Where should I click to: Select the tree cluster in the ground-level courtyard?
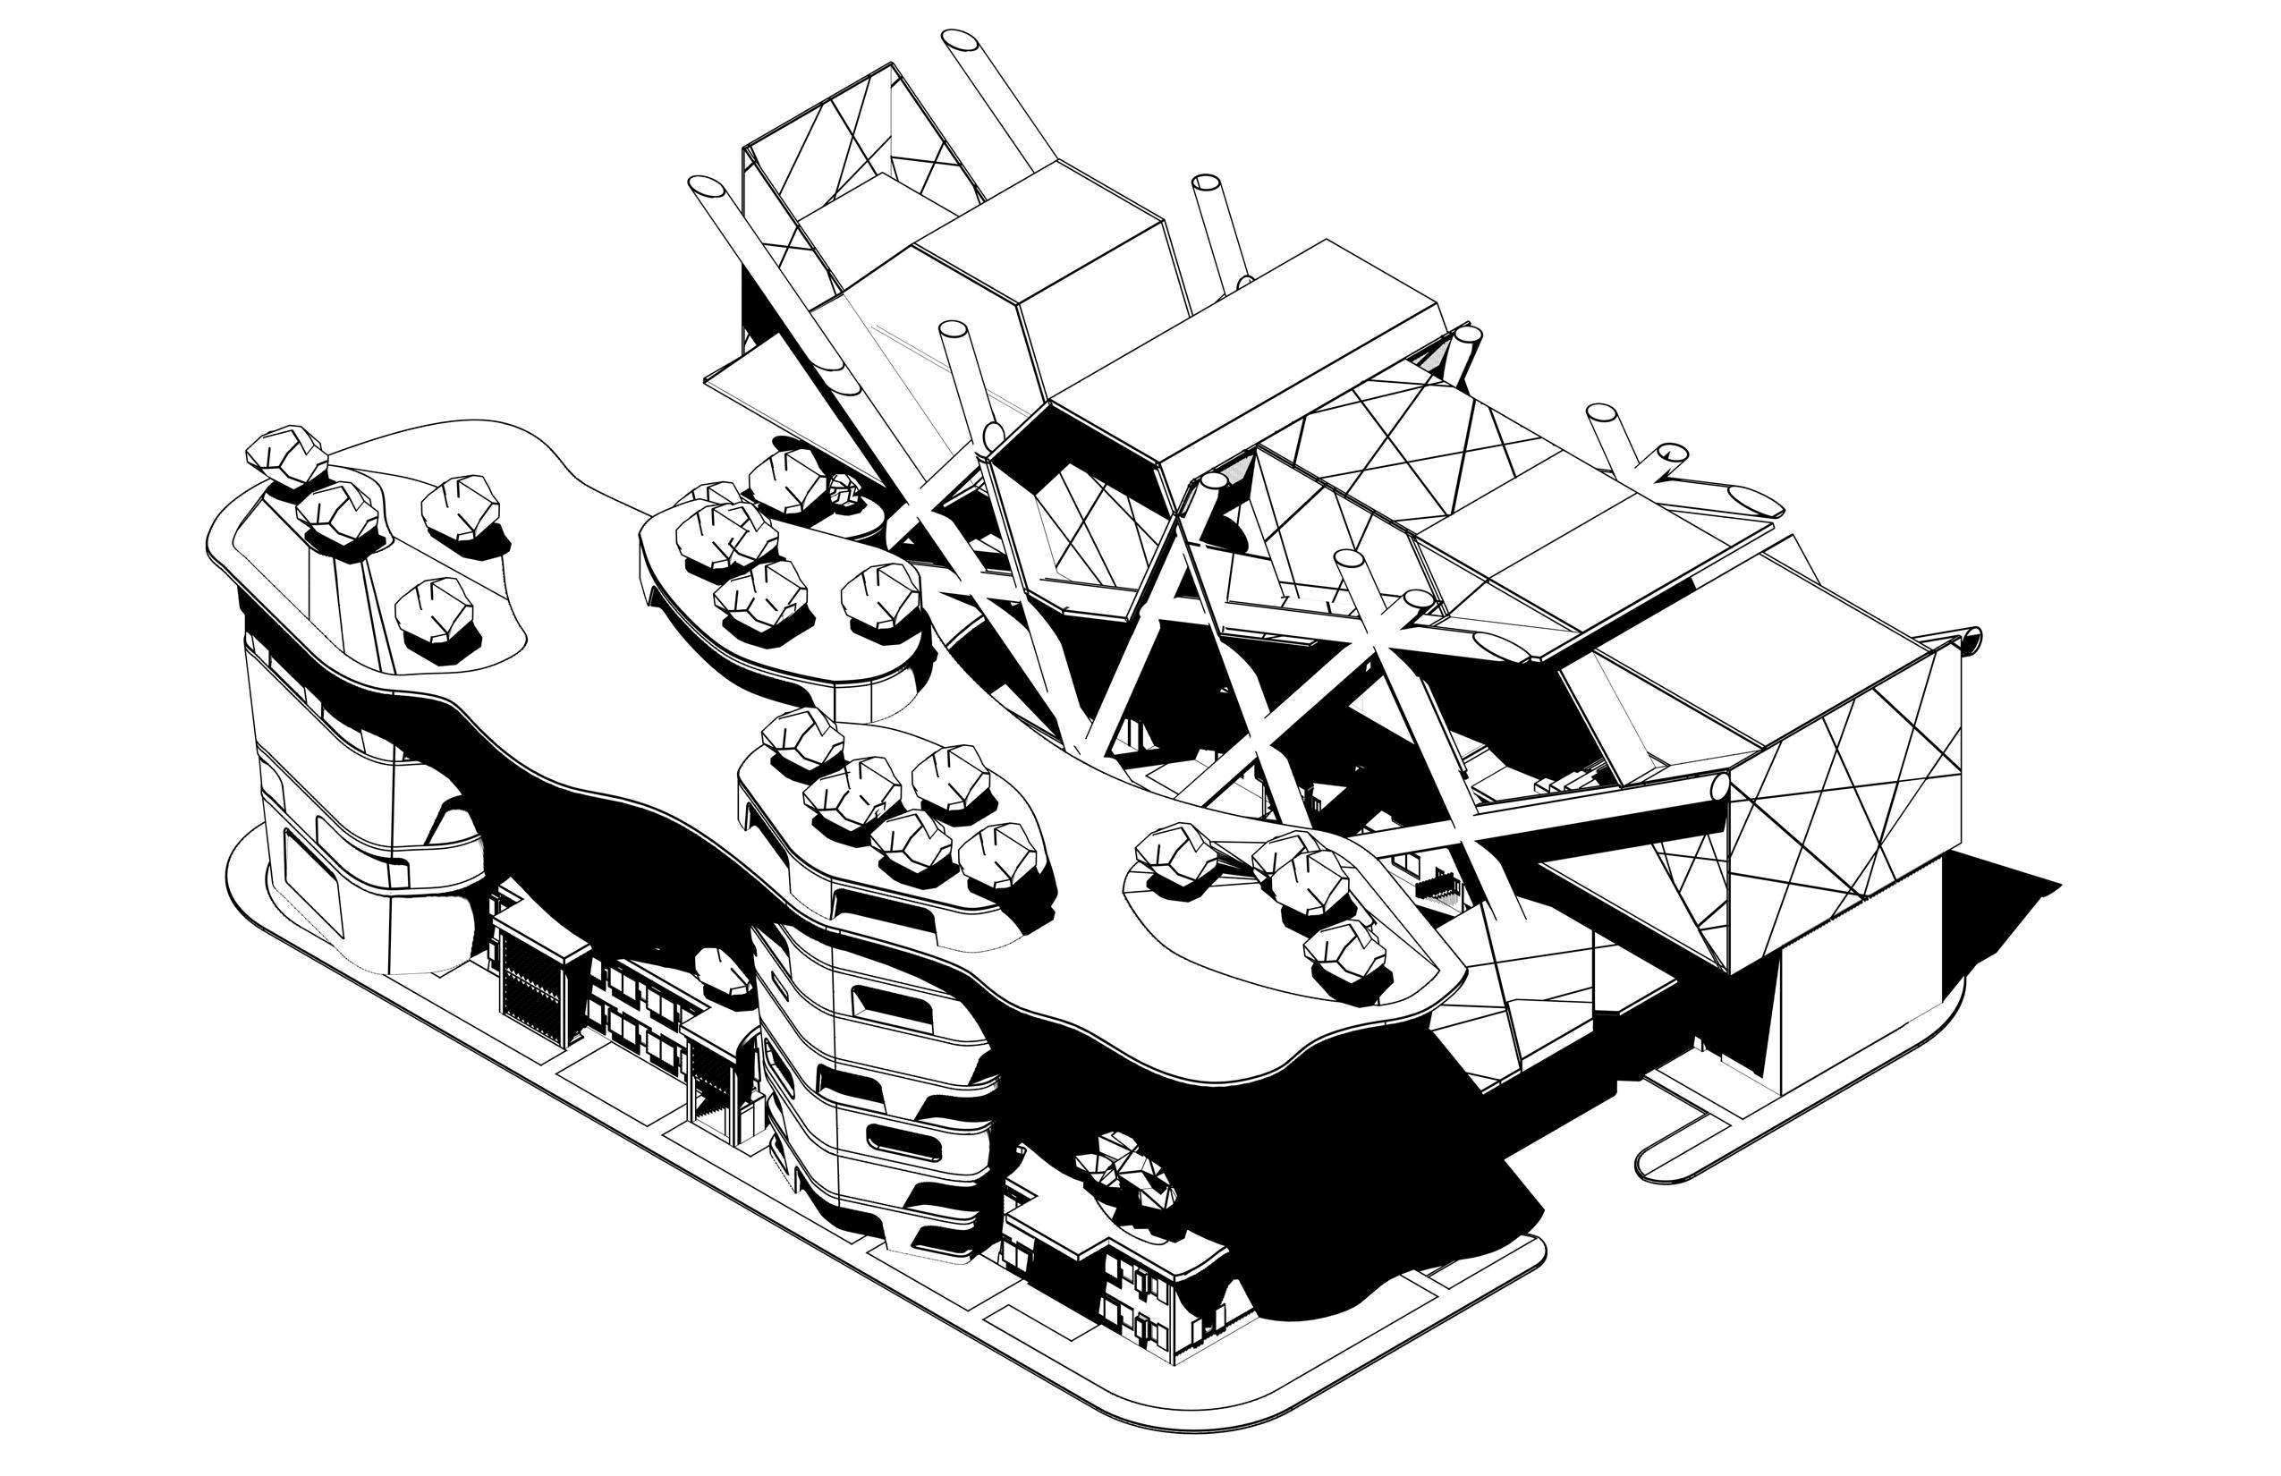click(x=1122, y=1173)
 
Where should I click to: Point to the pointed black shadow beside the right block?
click(x=1994, y=891)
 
